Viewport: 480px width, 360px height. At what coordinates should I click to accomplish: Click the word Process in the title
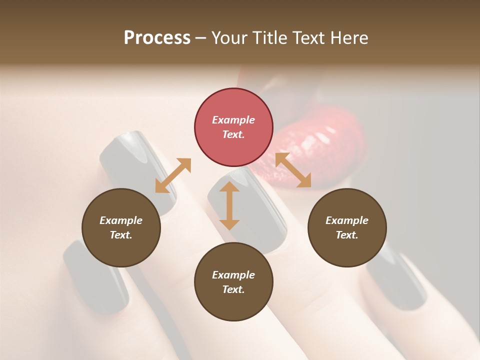coord(157,38)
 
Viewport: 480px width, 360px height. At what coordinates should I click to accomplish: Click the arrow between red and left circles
coord(173,175)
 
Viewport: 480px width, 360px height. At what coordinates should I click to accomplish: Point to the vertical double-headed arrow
coord(229,205)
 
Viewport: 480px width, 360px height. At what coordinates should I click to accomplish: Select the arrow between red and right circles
coord(293,170)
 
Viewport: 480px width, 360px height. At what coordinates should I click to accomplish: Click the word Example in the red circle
coord(233,120)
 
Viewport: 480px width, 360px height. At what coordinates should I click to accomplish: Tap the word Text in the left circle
coord(121,235)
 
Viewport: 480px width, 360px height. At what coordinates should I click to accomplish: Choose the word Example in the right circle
coord(347,220)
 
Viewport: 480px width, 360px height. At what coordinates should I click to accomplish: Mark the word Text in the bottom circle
coord(233,289)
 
